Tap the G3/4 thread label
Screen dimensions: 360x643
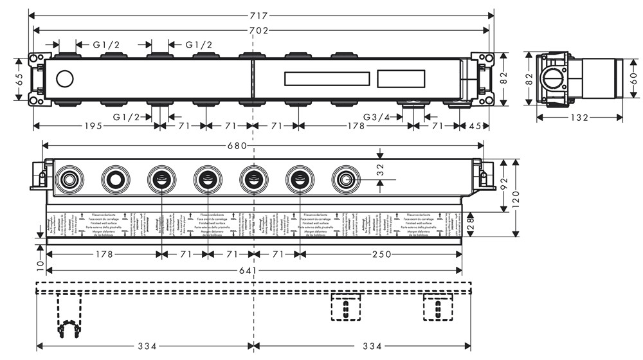(377, 116)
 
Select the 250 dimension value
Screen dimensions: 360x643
(382, 255)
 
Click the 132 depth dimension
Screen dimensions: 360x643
(579, 117)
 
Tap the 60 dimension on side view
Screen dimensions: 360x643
(633, 78)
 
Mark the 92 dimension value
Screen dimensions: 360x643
(505, 186)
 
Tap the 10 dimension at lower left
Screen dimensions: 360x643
(39, 264)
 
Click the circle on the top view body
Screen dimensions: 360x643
(65, 80)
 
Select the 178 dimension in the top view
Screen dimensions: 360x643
(355, 126)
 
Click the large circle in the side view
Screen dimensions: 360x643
(552, 80)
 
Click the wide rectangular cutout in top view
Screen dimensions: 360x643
(327, 79)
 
